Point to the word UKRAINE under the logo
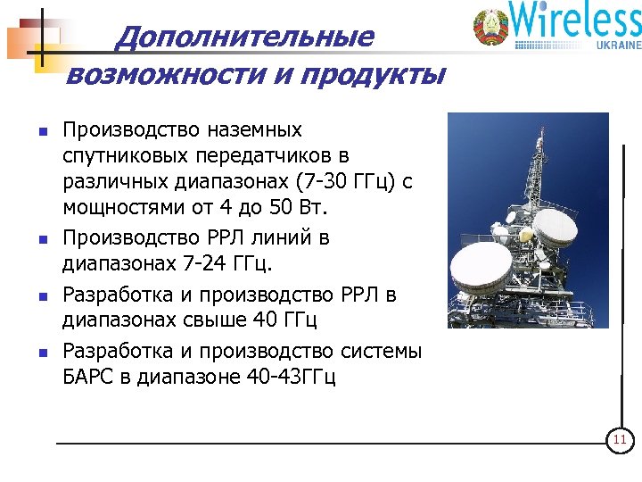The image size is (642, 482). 614,45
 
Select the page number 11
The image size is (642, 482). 619,441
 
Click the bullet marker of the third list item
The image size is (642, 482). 42,295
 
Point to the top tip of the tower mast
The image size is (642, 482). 540,129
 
